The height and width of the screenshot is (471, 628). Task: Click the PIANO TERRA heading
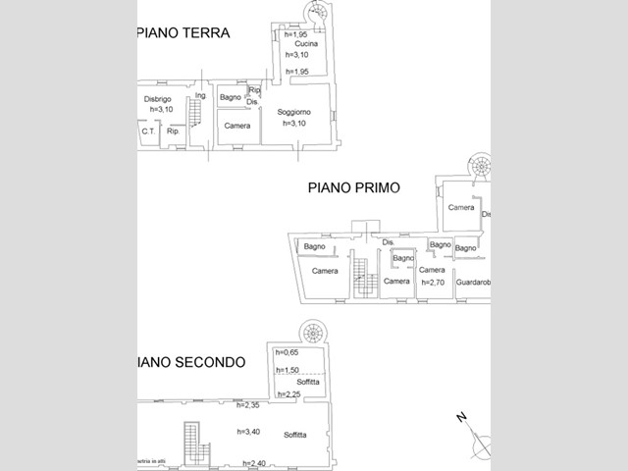tap(181, 32)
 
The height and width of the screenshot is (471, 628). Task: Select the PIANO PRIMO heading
tap(354, 186)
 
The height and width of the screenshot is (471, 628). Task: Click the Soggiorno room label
tap(294, 111)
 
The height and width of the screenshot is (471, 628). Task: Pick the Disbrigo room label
tap(158, 98)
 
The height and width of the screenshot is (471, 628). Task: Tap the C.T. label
tap(148, 131)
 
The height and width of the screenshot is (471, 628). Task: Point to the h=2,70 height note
tap(433, 282)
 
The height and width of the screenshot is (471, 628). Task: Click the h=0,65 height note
tap(287, 352)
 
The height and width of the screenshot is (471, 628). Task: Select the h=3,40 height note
tap(250, 431)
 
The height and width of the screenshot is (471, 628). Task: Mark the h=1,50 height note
tap(287, 370)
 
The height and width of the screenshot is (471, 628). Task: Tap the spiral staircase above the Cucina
tap(320, 13)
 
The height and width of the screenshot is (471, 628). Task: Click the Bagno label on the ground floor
tap(231, 97)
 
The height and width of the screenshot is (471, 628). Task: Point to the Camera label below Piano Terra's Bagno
tap(235, 126)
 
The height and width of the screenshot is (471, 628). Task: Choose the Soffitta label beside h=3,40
tap(294, 435)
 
